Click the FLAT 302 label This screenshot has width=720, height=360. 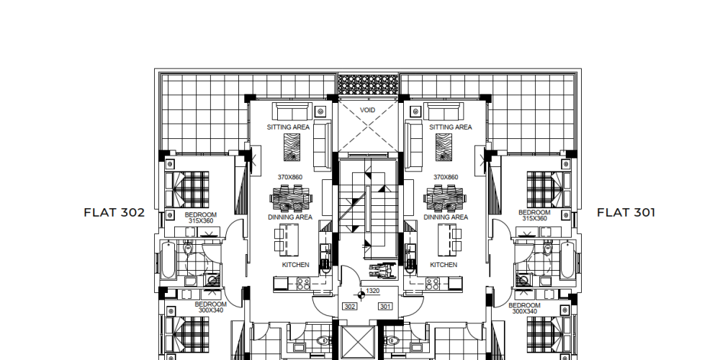coord(114,212)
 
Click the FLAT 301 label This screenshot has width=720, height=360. coord(626,212)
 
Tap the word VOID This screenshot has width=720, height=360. coord(367,110)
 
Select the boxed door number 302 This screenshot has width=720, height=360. coord(350,306)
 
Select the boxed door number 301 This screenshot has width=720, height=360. coord(385,306)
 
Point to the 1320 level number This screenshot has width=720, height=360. coord(373,291)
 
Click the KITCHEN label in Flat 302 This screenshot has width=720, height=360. coord(295,265)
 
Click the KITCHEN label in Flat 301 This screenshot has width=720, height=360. coord(444,265)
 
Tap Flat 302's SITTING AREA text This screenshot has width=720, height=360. coord(289,127)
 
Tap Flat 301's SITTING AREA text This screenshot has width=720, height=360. coord(451,127)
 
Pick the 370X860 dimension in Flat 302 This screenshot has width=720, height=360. coord(289,177)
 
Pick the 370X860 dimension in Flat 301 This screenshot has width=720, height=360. coord(446,177)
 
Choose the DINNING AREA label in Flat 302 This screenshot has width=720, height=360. coord(290,217)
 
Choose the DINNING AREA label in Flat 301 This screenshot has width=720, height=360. coord(446,217)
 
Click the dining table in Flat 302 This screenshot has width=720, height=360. coord(291,199)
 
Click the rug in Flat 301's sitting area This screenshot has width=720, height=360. coord(444,147)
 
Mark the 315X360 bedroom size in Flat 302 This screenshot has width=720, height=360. coord(201,221)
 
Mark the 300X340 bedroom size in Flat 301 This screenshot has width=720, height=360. coord(524,311)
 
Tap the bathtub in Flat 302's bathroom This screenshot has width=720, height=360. coord(168,261)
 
